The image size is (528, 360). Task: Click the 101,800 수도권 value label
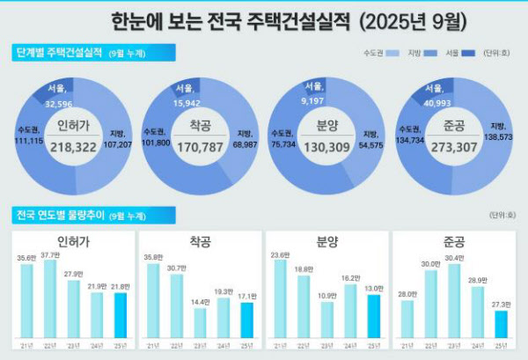156,139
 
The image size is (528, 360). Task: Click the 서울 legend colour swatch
467,54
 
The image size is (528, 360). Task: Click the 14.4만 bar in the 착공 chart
199,323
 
